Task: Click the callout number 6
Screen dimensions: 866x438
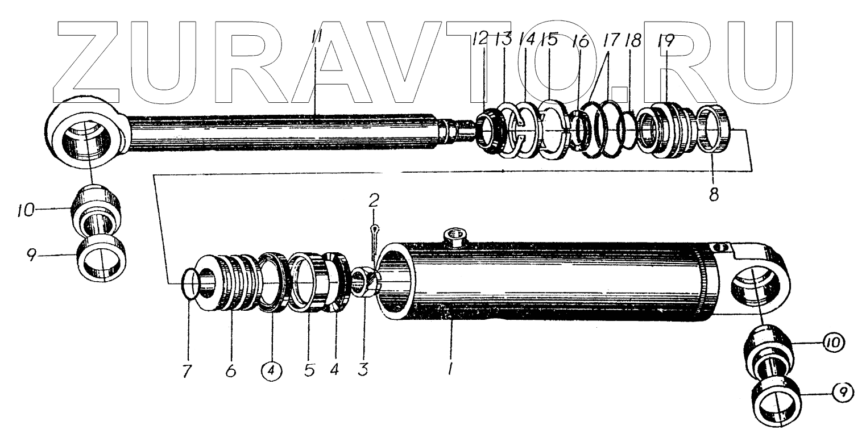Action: tap(230, 371)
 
